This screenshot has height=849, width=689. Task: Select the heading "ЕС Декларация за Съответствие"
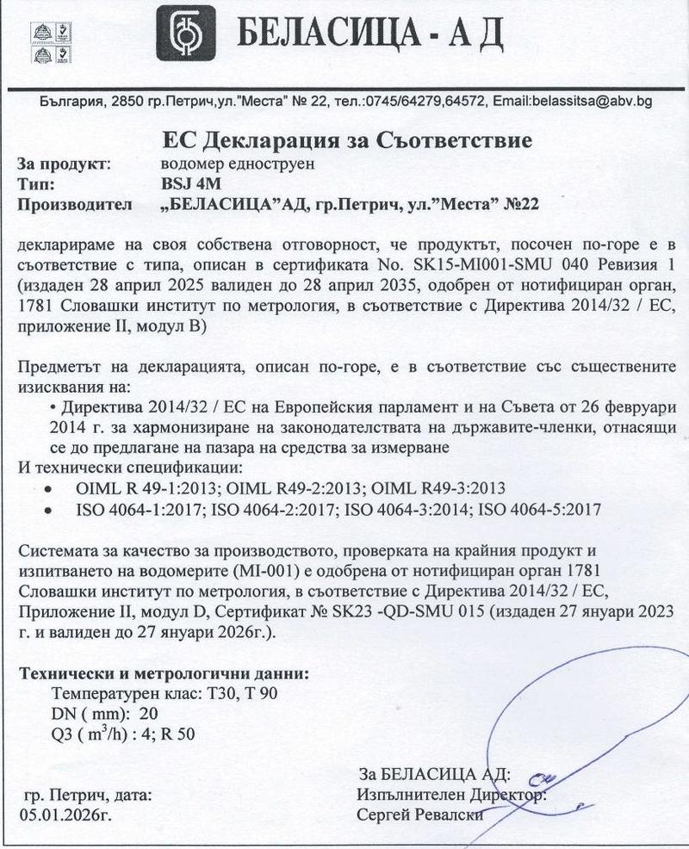[x=348, y=139]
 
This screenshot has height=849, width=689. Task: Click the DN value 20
[x=148, y=715]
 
